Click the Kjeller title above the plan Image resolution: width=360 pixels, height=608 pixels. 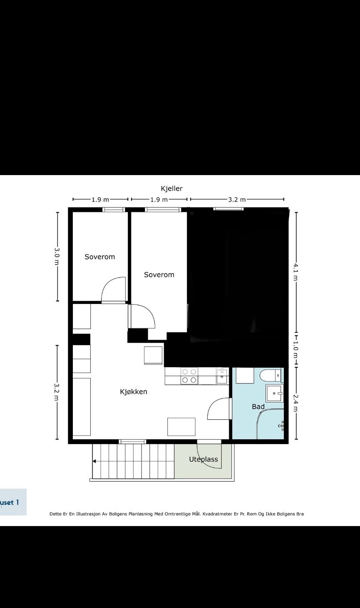171,188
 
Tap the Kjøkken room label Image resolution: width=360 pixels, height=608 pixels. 134,392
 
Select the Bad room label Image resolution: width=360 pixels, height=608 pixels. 258,407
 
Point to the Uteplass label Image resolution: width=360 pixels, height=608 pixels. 204,459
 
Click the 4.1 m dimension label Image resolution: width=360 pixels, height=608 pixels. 296,272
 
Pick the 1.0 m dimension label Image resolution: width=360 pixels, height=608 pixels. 296,351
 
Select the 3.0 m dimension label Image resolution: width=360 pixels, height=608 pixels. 57,256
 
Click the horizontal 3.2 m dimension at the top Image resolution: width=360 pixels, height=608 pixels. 237,200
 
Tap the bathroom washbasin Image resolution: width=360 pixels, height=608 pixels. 274,393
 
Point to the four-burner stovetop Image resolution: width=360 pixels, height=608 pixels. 189,376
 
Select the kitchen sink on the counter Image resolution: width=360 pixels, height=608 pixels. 222,376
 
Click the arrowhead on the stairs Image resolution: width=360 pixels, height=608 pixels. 94,461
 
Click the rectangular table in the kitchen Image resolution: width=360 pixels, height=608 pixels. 181,427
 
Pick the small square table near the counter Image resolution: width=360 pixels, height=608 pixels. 153,355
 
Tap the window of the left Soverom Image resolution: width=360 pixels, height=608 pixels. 114,210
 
